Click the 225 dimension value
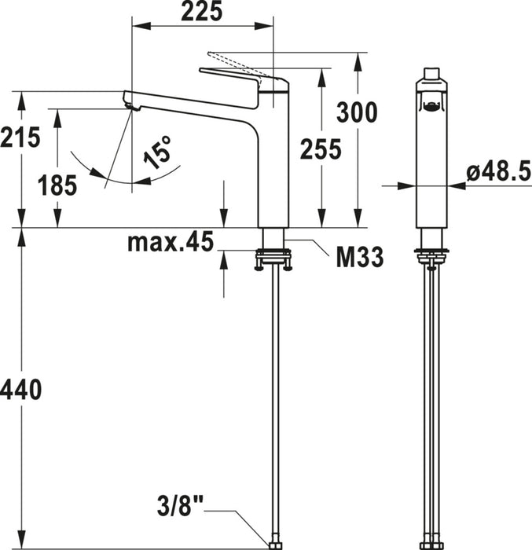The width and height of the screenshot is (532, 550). (x=202, y=11)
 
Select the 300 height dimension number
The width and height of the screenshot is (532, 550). (x=357, y=112)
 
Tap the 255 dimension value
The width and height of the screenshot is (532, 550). (x=321, y=148)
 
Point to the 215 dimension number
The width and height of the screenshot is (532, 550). (x=20, y=137)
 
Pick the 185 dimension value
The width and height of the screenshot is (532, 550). (x=57, y=185)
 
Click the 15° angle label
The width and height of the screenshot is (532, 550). (x=158, y=152)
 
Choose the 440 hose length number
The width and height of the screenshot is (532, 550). (x=21, y=390)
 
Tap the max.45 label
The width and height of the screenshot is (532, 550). (x=171, y=242)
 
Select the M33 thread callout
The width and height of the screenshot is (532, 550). (x=360, y=257)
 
